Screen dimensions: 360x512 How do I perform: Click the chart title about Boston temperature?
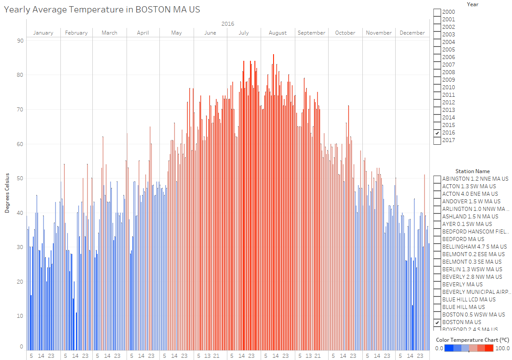pos(102,9)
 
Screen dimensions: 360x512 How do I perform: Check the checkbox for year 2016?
pos(437,133)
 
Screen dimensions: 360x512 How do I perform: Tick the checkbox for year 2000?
pos(437,12)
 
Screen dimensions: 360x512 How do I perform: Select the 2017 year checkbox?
pos(437,140)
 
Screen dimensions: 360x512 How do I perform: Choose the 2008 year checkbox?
pos(437,72)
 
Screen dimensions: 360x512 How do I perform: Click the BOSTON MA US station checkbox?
pos(437,322)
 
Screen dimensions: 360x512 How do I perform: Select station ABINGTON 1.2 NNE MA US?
pos(437,179)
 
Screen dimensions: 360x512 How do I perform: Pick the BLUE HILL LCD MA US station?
pos(437,300)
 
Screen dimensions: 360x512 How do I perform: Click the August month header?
pos(278,33)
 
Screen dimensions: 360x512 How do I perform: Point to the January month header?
pos(43,33)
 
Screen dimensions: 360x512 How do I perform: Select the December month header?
pos(412,33)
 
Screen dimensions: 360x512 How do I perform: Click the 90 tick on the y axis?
pos(20,40)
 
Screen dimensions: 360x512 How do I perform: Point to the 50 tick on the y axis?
pos(20,178)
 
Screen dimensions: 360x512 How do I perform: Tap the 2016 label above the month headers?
pos(227,24)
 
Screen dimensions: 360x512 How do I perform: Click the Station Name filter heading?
pos(472,171)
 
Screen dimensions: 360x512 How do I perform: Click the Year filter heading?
pos(472,4)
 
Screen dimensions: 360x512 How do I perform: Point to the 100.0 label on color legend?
pos(503,348)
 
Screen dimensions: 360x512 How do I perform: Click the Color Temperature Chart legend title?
pos(472,340)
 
